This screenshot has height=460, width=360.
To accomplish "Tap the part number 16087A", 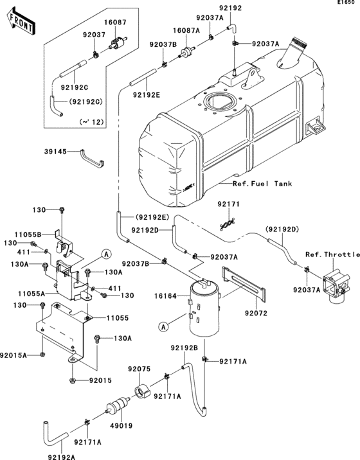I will tap(185, 30).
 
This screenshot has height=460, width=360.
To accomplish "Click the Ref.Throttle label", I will tap(332, 254).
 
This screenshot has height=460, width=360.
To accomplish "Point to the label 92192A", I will tap(61, 457).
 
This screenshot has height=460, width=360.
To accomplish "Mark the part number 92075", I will tap(138, 369).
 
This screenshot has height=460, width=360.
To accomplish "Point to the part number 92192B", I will tap(184, 348).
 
